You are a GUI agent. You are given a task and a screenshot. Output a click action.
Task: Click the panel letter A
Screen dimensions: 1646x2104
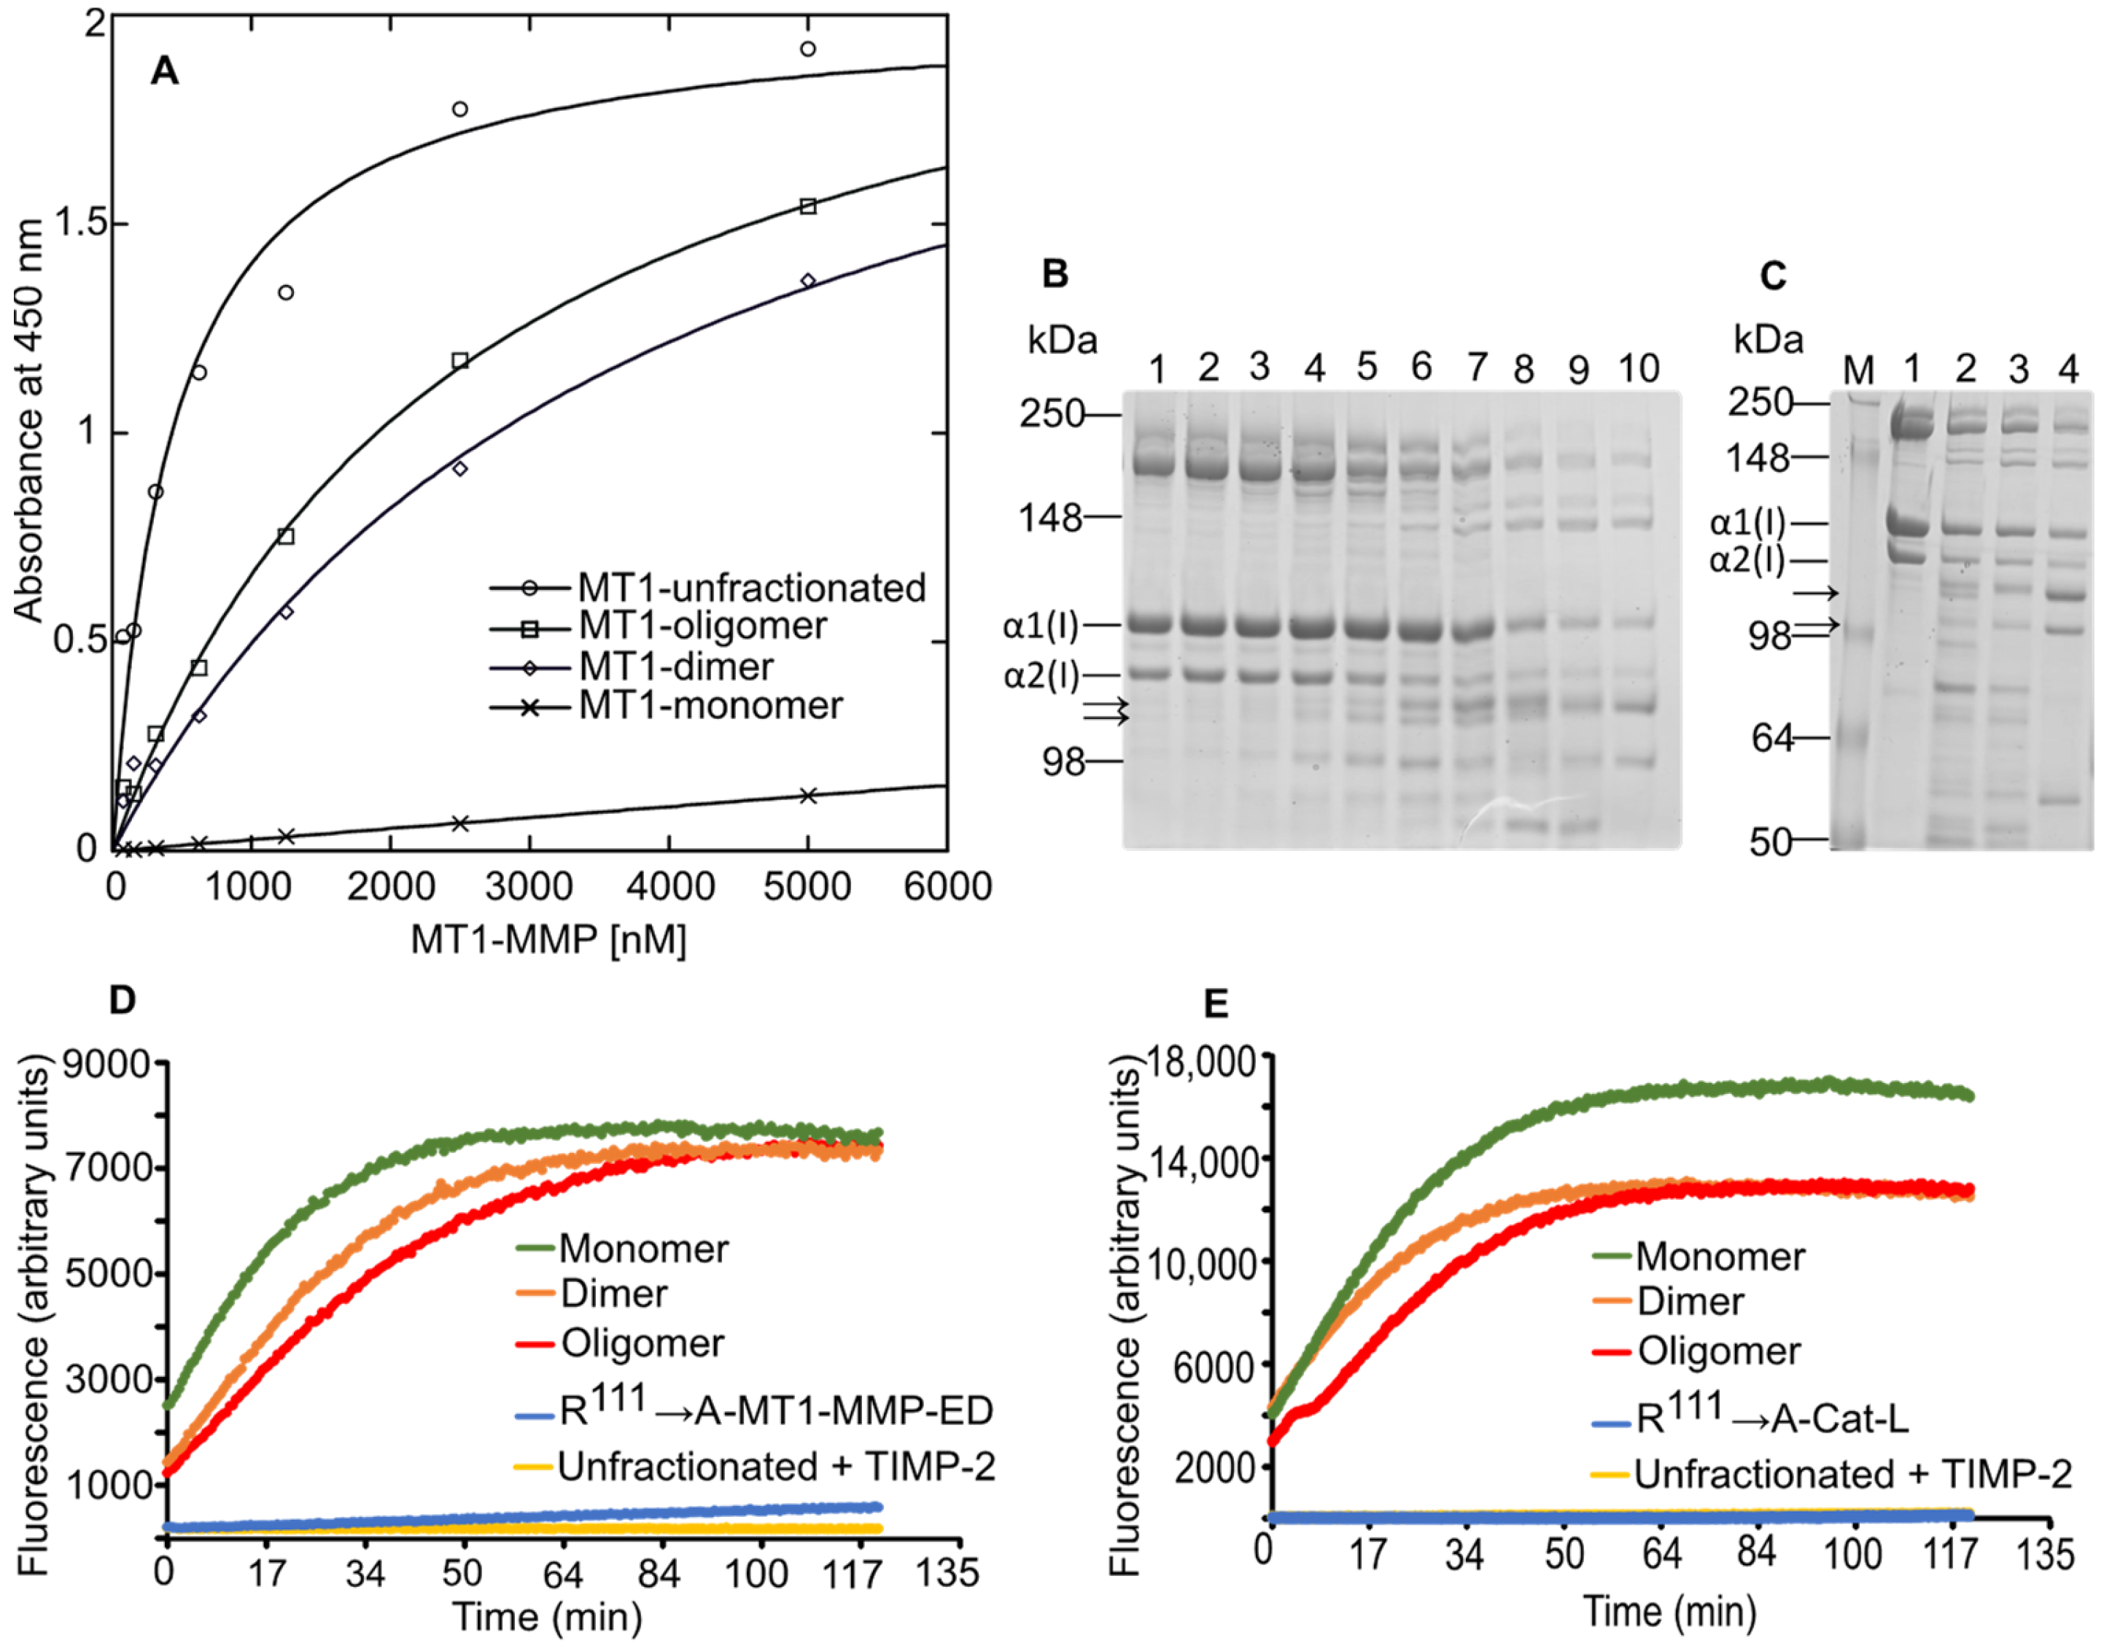pyautogui.click(x=165, y=71)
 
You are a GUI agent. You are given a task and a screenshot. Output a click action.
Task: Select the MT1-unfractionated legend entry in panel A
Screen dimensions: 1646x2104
pyautogui.click(x=751, y=588)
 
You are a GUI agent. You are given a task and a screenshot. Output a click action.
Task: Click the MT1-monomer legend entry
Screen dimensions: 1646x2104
pyautogui.click(x=710, y=705)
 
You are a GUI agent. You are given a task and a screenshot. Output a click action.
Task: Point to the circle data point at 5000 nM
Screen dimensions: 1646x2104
pyautogui.click(x=807, y=49)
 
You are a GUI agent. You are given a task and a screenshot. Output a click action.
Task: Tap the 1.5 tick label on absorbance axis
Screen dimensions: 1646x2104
pyautogui.click(x=78, y=224)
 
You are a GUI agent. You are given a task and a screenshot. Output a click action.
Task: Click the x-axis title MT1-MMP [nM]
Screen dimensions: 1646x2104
pyautogui.click(x=548, y=939)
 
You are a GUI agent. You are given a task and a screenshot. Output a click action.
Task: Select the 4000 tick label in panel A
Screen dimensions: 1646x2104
pyautogui.click(x=669, y=885)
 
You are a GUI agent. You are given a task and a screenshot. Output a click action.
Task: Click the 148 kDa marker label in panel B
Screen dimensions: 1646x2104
pyautogui.click(x=1051, y=519)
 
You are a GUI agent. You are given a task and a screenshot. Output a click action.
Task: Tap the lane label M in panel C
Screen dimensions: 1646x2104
pyautogui.click(x=1858, y=370)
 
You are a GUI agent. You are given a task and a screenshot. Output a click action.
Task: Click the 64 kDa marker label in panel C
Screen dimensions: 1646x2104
pyautogui.click(x=1772, y=738)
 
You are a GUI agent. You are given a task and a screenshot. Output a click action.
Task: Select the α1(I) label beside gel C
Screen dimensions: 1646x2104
pyautogui.click(x=1747, y=524)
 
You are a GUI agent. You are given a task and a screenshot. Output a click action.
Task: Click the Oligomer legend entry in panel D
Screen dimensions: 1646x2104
pyautogui.click(x=642, y=1343)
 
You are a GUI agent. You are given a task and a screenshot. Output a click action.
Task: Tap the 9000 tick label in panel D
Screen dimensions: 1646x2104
pyautogui.click(x=107, y=1064)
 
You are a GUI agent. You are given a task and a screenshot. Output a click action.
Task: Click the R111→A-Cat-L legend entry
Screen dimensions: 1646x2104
pyautogui.click(x=1771, y=1416)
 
